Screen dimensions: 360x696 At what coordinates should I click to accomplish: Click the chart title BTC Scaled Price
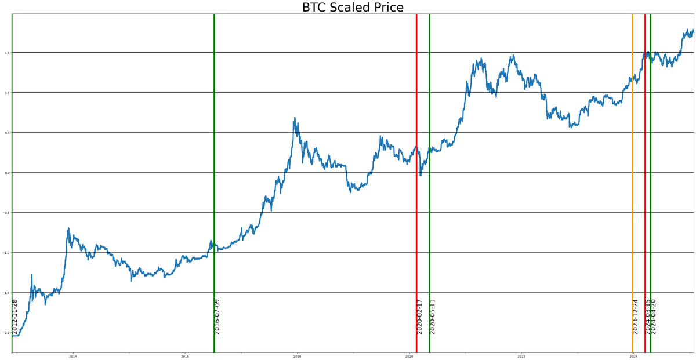[353, 8]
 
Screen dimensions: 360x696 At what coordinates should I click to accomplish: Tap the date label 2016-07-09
[217, 317]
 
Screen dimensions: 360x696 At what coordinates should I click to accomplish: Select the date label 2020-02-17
[419, 317]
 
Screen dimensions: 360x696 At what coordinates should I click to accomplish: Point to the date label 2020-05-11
[433, 317]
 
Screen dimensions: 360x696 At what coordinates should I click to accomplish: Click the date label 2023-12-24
[636, 317]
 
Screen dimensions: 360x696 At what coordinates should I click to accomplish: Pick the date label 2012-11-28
[15, 317]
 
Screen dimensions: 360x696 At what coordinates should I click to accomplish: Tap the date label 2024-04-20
[654, 317]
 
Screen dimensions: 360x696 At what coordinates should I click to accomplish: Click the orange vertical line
[632, 174]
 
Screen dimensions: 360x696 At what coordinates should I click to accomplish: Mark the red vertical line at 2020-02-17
[416, 87]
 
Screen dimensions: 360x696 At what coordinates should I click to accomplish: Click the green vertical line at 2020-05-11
[429, 87]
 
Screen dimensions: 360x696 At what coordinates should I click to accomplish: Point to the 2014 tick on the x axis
[73, 356]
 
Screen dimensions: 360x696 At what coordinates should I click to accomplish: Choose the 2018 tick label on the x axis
[297, 356]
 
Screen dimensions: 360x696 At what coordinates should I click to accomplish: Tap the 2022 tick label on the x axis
[521, 356]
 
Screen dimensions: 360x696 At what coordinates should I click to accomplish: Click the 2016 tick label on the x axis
[185, 356]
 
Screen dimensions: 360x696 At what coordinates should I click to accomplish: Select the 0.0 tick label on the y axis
[7, 173]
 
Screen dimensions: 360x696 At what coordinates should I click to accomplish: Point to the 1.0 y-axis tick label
[7, 93]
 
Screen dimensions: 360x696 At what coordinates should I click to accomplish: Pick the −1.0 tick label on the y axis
[6, 253]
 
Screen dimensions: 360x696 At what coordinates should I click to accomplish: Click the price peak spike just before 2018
[295, 118]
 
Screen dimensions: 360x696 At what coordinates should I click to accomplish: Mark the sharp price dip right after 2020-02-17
[420, 174]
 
